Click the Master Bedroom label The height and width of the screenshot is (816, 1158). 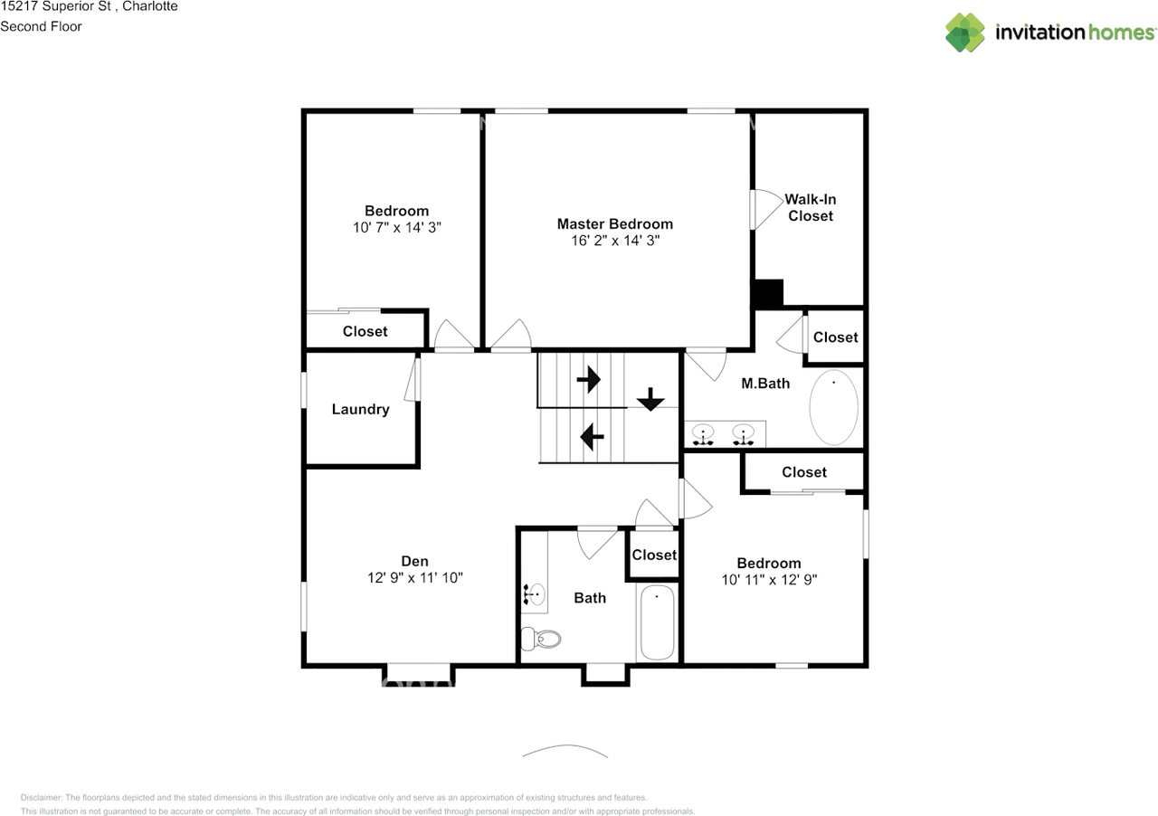coord(614,224)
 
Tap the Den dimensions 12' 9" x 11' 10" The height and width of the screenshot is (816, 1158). coord(414,577)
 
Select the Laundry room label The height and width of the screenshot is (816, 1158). coord(360,409)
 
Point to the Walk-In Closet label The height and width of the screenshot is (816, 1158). coord(810,207)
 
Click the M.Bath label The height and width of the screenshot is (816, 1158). coord(765,384)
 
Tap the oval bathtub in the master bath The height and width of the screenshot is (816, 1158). coord(833,407)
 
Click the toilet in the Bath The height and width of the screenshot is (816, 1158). coord(540,639)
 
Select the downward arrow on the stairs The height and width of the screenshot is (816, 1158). coord(650,399)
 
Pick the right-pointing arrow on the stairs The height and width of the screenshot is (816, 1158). coord(589,380)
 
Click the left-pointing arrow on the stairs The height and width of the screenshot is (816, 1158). coord(592,437)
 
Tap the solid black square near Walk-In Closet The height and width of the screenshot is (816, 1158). coord(767,294)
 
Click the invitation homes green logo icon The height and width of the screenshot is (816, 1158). coord(965,33)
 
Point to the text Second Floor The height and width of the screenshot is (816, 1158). coord(41,26)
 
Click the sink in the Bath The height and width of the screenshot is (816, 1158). coord(535,593)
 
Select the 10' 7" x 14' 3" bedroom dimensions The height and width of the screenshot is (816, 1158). coord(396,228)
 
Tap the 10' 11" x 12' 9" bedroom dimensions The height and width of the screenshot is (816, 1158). coord(769,580)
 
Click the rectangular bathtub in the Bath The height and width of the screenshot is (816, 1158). coord(657,622)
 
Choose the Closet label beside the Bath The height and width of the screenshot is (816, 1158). coord(654,555)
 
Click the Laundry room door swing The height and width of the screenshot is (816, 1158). coord(412,380)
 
